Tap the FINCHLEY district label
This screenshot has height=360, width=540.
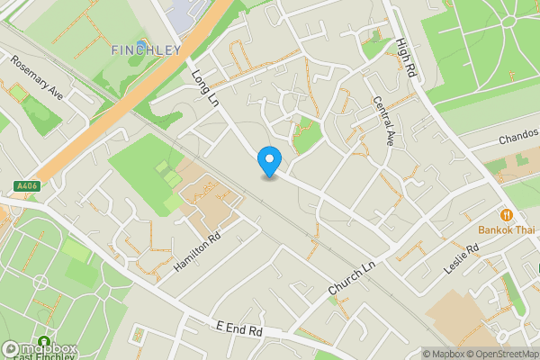[x=146, y=49]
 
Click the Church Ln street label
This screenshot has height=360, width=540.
[x=350, y=278]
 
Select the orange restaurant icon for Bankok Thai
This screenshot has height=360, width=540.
[x=508, y=215]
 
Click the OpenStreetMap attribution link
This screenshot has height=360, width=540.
[x=499, y=354]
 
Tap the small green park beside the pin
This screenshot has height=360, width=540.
[x=307, y=135]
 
